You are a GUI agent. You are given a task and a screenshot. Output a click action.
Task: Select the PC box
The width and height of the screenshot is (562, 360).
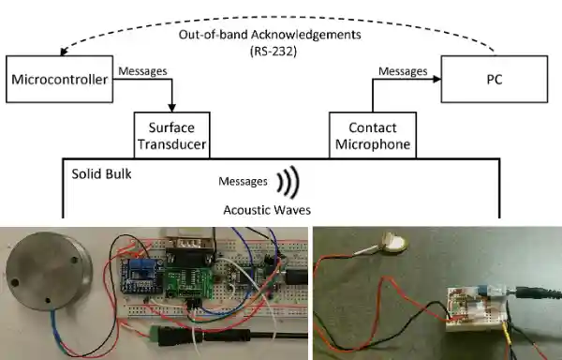(494, 80)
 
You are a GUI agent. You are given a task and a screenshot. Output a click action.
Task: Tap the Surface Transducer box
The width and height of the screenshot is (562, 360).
(170, 135)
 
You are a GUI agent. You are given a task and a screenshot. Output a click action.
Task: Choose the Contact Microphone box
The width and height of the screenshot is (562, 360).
(372, 135)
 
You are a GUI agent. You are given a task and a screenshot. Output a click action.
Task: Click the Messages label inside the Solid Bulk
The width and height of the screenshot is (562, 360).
(242, 181)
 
